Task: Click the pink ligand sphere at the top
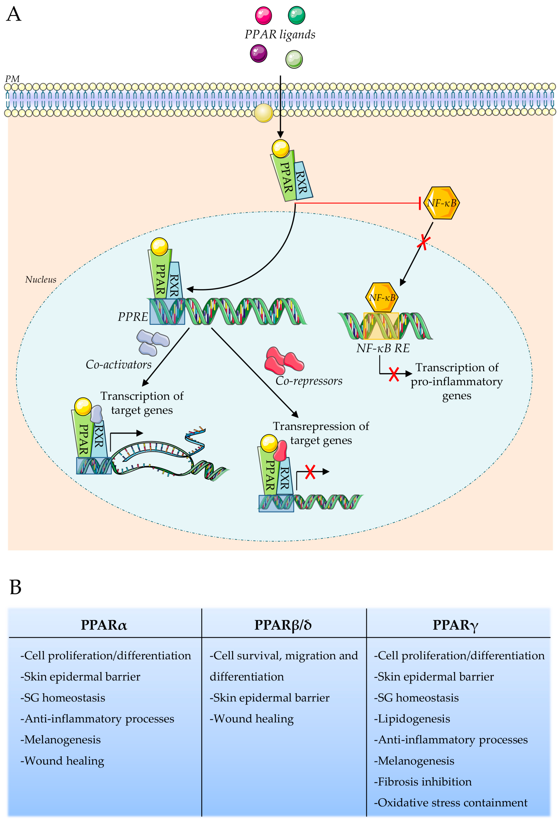pos(263,16)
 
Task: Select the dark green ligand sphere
pos(296,15)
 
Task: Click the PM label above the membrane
pos(12,79)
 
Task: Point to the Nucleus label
pos(40,279)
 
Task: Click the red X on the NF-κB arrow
pos(423,242)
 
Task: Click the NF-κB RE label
pos(383,348)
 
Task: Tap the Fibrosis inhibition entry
pos(423,782)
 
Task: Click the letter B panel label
pos(15,587)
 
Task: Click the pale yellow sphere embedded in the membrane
pos(263,113)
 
